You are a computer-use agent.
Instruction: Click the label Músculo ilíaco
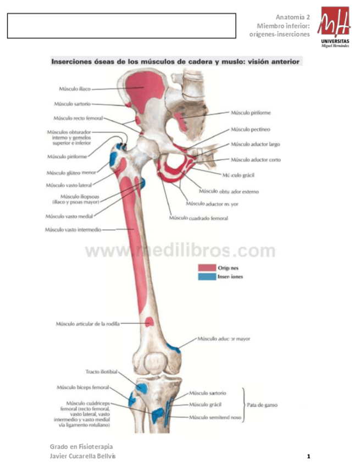[75, 88]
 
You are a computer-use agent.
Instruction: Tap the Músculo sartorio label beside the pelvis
[72, 103]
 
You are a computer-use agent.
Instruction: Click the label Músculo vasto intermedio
[73, 230]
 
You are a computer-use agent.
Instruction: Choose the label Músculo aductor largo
[255, 145]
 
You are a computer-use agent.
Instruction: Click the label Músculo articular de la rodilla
[87, 324]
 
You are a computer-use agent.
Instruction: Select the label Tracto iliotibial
[102, 371]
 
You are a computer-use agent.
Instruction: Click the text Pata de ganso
[263, 405]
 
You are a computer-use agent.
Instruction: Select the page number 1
[309, 456]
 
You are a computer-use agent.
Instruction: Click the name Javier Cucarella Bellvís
[82, 457]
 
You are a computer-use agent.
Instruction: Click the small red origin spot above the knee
[148, 321]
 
